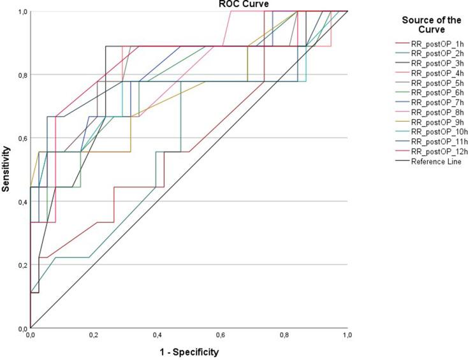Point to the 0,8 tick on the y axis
(22, 75)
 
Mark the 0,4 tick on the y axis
(22, 202)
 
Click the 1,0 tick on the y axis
(22, 11)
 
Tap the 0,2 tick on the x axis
(94, 335)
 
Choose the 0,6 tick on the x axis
(220, 335)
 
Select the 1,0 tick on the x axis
(347, 335)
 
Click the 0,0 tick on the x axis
(31, 335)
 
